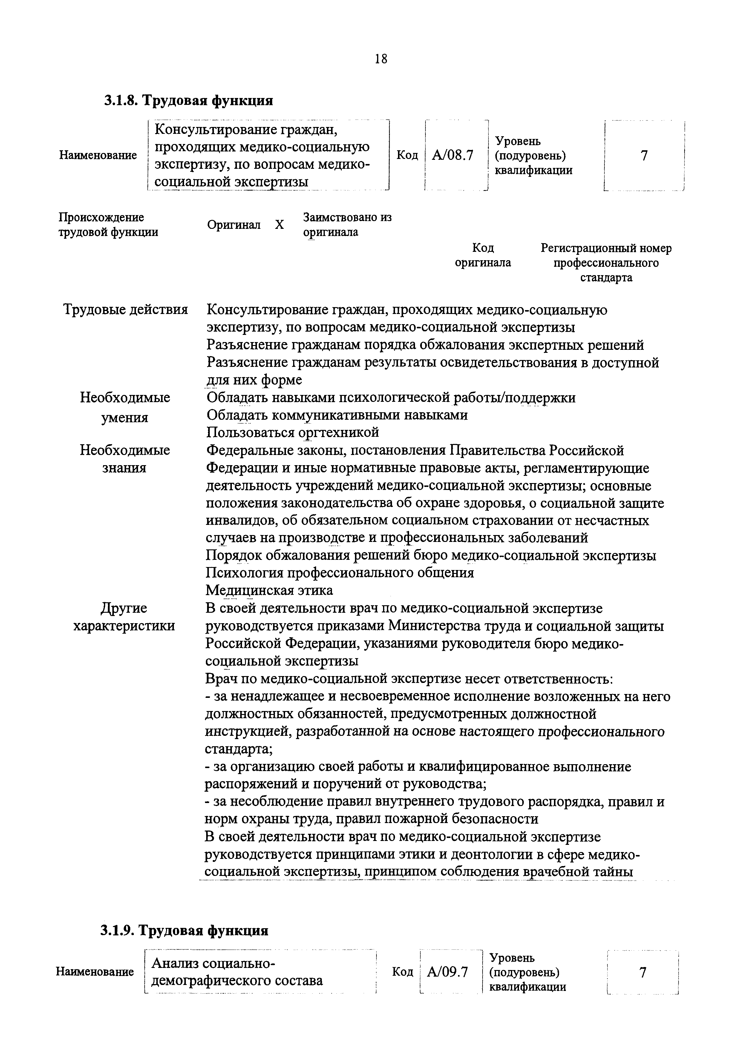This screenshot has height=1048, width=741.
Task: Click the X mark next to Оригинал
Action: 279,225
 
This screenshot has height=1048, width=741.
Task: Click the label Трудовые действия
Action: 125,310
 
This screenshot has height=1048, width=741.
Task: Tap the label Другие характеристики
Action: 124,617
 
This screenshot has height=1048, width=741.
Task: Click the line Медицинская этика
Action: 270,590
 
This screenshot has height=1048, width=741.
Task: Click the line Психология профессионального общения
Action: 340,572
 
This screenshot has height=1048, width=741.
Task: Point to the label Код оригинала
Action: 483,255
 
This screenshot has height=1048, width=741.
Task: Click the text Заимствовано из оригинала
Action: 347,225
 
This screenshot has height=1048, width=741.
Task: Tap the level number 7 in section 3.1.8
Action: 644,156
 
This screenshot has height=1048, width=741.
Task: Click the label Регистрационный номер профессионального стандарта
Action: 606,263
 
